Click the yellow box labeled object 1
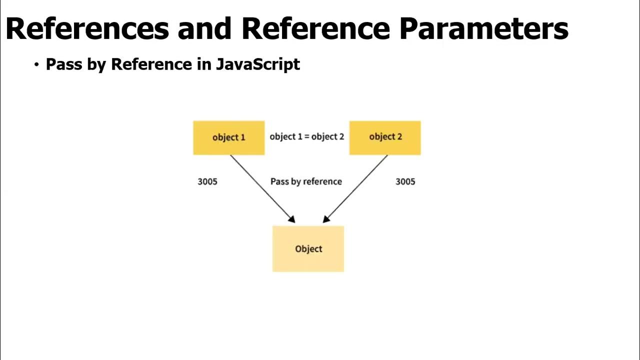[x=228, y=137]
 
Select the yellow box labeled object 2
[x=385, y=137]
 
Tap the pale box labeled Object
[x=308, y=249]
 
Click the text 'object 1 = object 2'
[x=306, y=136]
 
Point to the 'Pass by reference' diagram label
[x=306, y=181]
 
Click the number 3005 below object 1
[x=207, y=181]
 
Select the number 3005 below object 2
[x=405, y=181]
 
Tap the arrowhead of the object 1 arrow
[x=292, y=219]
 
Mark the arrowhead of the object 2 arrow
[x=326, y=219]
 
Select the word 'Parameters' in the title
[x=483, y=29]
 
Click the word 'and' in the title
[x=205, y=29]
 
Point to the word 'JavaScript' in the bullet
[x=258, y=64]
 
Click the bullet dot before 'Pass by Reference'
[x=36, y=64]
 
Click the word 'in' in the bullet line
[x=204, y=64]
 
